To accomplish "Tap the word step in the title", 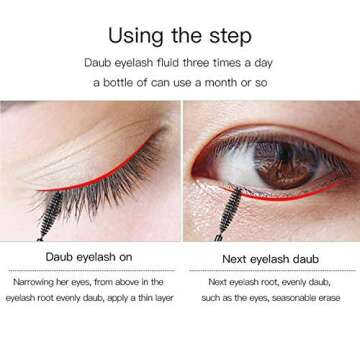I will pyautogui.click(x=229, y=37).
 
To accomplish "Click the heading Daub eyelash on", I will pyautogui.click(x=89, y=257).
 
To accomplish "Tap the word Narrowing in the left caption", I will pyautogui.click(x=37, y=283).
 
